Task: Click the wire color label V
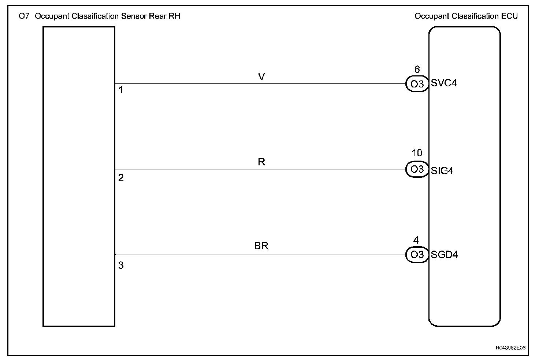tap(261, 77)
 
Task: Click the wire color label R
tap(261, 162)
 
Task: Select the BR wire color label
tap(261, 246)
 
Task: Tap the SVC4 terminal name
tap(444, 83)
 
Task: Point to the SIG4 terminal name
tap(442, 170)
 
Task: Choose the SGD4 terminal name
tap(445, 255)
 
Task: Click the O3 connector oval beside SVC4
tap(417, 84)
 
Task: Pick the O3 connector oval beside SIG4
tap(417, 169)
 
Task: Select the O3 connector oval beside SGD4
tap(417, 255)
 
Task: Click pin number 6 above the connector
tap(417, 70)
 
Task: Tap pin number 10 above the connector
tap(417, 153)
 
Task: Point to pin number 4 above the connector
tap(416, 240)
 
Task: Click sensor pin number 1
tap(121, 90)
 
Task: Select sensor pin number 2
tap(121, 178)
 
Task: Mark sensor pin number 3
tap(121, 266)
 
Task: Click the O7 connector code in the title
tap(24, 16)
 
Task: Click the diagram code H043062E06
tap(510, 348)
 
